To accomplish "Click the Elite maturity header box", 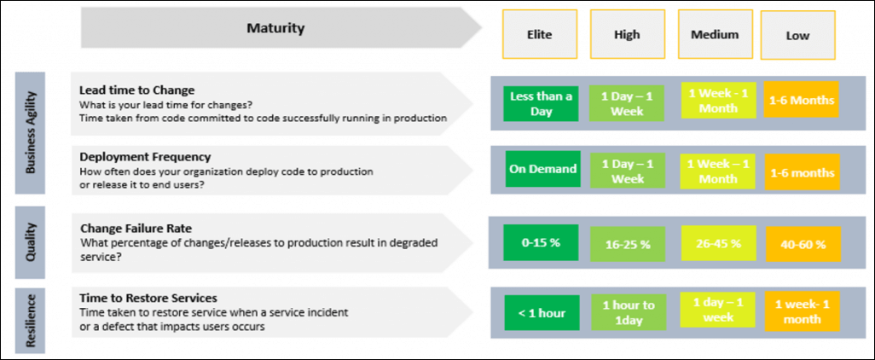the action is pyautogui.click(x=539, y=34).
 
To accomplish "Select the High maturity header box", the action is pyautogui.click(x=627, y=34).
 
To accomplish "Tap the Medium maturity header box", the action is pyautogui.click(x=715, y=34).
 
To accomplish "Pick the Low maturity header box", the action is pyautogui.click(x=797, y=35).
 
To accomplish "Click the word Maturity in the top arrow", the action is pyautogui.click(x=275, y=28).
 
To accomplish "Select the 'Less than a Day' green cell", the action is pyautogui.click(x=541, y=103).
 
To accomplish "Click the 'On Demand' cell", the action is pyautogui.click(x=542, y=169).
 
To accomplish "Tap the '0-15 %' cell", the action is pyautogui.click(x=541, y=243).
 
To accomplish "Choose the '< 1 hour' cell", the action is pyautogui.click(x=542, y=312).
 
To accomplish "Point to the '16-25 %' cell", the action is pyautogui.click(x=627, y=244).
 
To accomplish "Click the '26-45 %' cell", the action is pyautogui.click(x=718, y=243).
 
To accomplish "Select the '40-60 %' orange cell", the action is pyautogui.click(x=802, y=245).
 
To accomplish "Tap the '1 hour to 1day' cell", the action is pyautogui.click(x=628, y=313).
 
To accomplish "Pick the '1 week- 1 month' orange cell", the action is pyautogui.click(x=802, y=312).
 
